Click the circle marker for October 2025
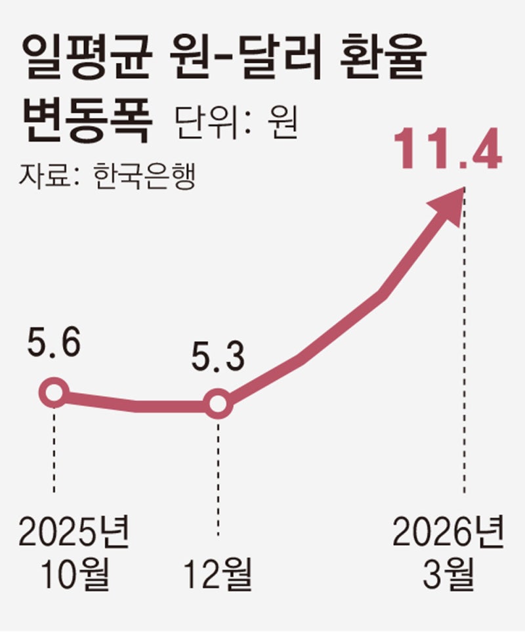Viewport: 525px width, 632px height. coord(54,394)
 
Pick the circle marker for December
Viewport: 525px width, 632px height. coord(218,406)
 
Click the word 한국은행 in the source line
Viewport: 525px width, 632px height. coord(144,175)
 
